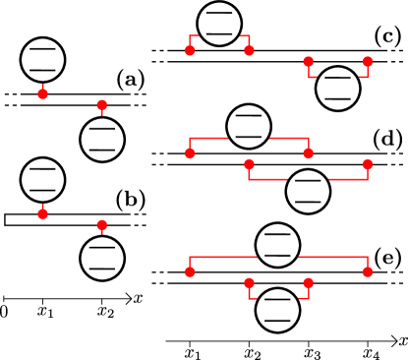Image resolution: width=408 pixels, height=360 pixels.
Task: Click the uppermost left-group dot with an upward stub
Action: (42, 94)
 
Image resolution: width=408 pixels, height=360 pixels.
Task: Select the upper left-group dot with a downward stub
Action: (102, 104)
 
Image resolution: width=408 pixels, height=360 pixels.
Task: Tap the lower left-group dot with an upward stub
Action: (42, 213)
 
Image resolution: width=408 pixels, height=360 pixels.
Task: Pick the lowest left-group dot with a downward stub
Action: (102, 224)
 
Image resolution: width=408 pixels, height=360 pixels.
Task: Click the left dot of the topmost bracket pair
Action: (190, 50)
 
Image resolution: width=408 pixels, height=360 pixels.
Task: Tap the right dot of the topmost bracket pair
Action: (249, 50)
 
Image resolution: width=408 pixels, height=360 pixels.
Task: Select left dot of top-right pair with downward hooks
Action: (309, 61)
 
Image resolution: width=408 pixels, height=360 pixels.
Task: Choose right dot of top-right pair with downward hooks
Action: (368, 61)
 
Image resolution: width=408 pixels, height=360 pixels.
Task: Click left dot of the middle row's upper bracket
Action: (190, 153)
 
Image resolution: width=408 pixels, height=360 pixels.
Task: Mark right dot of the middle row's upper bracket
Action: (309, 153)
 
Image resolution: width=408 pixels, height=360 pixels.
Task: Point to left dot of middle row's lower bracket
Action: (249, 164)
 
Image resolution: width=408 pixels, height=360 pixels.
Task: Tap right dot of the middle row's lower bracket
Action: (368, 164)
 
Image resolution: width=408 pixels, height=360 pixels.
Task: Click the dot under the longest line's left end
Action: (190, 271)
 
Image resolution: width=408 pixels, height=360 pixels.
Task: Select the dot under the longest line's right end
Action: (368, 271)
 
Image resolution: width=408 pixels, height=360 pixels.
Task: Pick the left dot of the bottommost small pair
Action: (249, 282)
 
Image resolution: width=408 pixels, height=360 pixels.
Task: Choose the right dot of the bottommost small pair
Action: (309, 282)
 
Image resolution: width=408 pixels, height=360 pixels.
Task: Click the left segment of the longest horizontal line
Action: (223, 257)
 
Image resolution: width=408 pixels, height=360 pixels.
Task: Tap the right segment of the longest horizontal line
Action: (333, 257)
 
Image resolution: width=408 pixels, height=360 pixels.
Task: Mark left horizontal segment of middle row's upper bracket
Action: (208, 138)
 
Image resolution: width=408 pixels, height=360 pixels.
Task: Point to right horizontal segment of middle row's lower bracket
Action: (348, 179)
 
